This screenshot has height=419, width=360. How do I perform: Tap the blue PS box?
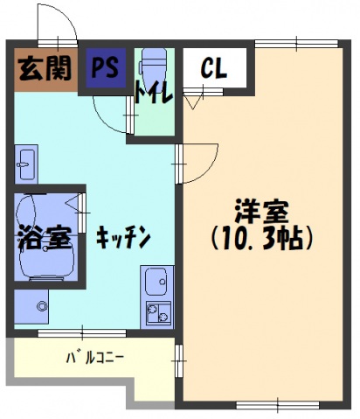(107, 67)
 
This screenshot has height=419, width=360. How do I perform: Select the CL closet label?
(214, 69)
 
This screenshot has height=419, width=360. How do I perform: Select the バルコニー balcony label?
(95, 357)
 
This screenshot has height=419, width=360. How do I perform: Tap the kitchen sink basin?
(158, 283)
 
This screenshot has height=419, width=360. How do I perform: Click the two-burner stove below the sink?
(158, 312)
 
